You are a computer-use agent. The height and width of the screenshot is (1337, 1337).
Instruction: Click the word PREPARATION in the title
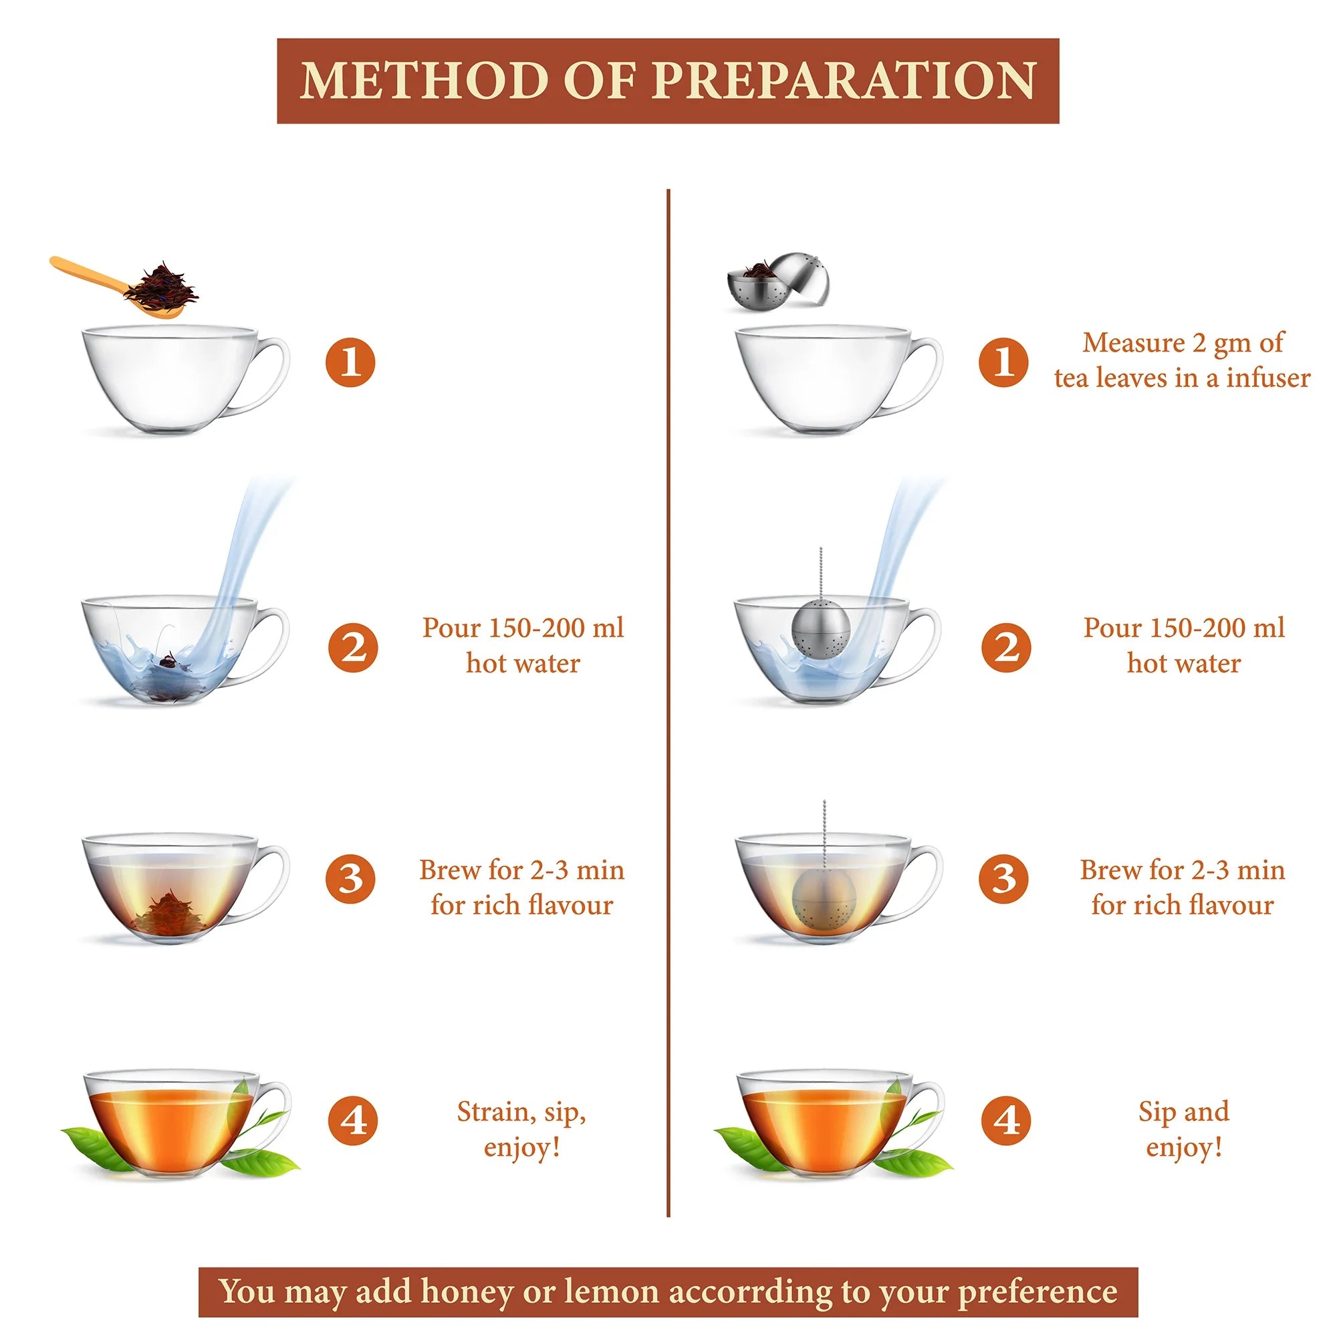point(844,81)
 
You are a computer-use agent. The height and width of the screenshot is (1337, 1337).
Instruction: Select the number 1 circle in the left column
point(350,362)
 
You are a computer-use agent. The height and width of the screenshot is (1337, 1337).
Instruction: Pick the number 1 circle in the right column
point(1003,361)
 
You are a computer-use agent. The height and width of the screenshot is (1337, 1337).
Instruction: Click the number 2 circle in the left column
point(353,647)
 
